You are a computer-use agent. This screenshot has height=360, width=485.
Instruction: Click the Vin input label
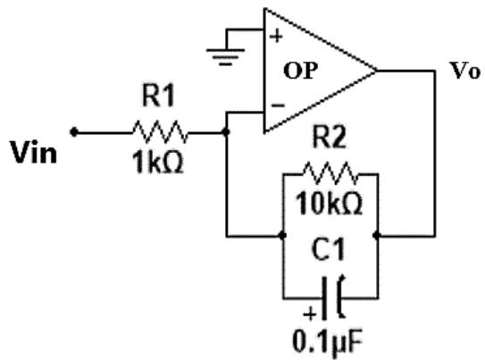coord(34,152)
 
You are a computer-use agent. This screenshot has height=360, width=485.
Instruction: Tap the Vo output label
coord(465,71)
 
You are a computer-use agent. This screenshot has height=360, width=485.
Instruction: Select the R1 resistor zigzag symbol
coord(160,132)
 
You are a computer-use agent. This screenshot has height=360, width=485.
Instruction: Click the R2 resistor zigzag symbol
coord(330,173)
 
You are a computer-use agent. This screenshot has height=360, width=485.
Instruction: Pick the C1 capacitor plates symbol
coord(332,297)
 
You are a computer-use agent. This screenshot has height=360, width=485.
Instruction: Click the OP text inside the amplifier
coord(300,71)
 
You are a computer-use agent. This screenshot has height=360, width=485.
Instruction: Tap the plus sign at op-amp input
coord(276,36)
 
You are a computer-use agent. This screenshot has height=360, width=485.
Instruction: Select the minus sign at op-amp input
coord(278,105)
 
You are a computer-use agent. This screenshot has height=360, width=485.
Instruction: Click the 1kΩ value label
coord(158,163)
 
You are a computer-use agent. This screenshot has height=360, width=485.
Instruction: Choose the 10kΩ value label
coord(329,203)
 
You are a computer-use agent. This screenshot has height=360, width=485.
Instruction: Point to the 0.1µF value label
coord(327,342)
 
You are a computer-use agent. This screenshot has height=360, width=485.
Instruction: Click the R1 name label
coord(158,96)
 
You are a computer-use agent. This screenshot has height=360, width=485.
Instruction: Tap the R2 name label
coord(329,137)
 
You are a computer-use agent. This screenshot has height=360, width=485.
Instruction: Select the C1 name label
coord(328,249)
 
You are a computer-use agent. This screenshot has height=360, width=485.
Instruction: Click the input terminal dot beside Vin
coord(74,132)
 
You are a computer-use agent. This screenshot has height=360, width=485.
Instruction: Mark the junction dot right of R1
coord(226,132)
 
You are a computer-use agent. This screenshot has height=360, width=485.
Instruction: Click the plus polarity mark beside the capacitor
coord(310,314)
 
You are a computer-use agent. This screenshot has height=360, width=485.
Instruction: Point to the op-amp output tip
coord(376,71)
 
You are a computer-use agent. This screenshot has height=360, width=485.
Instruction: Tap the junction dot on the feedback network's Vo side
coord(376,235)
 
